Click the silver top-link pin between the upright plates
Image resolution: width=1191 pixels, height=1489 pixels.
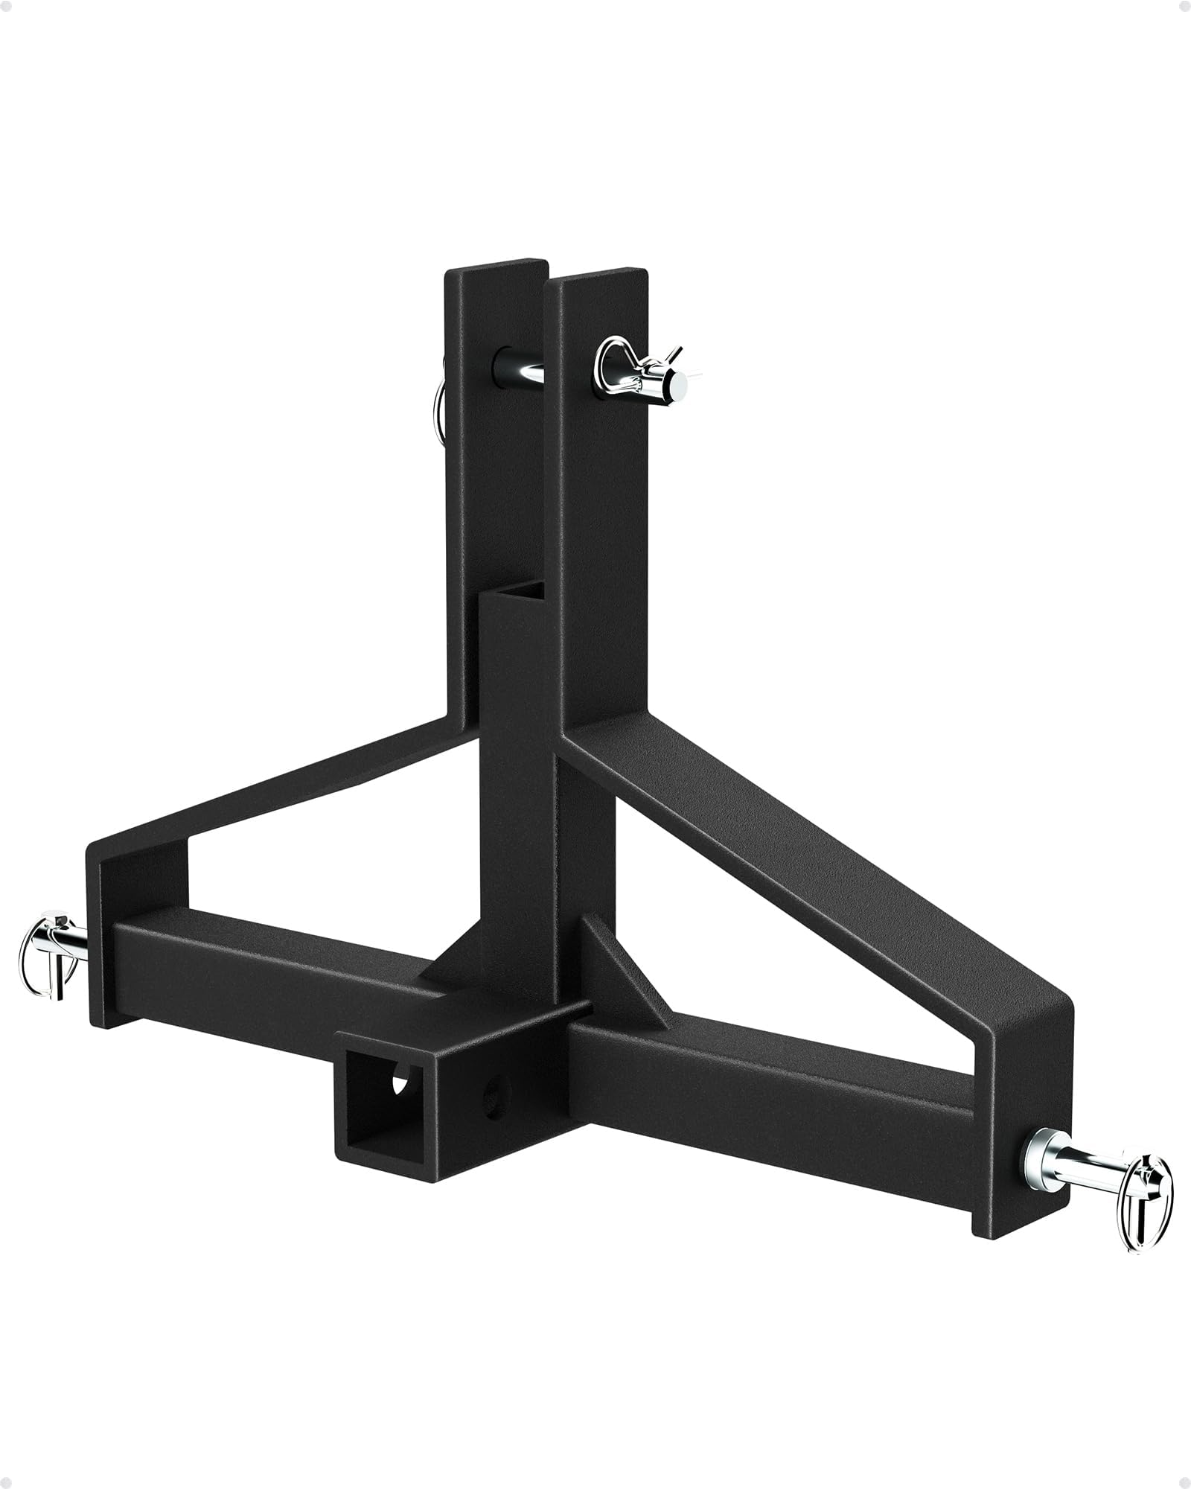pyautogui.click(x=526, y=371)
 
